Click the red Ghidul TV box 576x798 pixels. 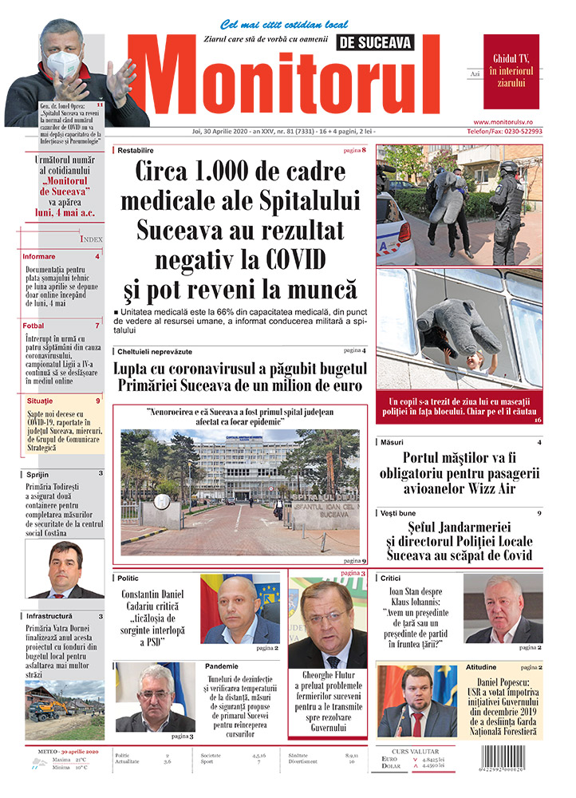pos(511,71)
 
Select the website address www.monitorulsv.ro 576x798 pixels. pos(513,120)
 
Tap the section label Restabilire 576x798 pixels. pos(136,150)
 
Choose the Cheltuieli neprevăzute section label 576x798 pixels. pos(154,351)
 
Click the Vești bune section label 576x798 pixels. pos(401,512)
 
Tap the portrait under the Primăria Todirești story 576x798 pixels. pos(65,569)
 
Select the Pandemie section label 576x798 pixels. pos(221,666)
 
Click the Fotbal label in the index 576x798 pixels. pos(34,326)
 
